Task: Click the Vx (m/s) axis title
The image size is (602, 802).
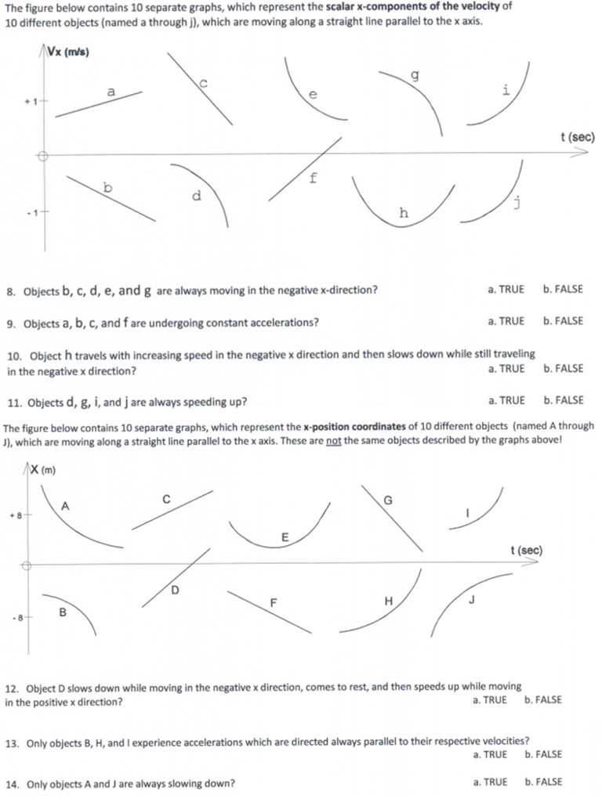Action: [x=67, y=52]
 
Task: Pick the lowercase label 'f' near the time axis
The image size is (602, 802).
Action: [x=314, y=178]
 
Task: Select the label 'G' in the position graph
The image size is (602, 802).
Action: [x=387, y=500]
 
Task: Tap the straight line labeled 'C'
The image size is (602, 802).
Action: [x=172, y=510]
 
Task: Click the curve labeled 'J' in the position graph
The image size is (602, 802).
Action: [x=470, y=595]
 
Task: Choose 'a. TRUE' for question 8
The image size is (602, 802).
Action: [x=506, y=289]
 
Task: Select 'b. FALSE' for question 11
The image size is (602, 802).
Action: [x=563, y=400]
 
